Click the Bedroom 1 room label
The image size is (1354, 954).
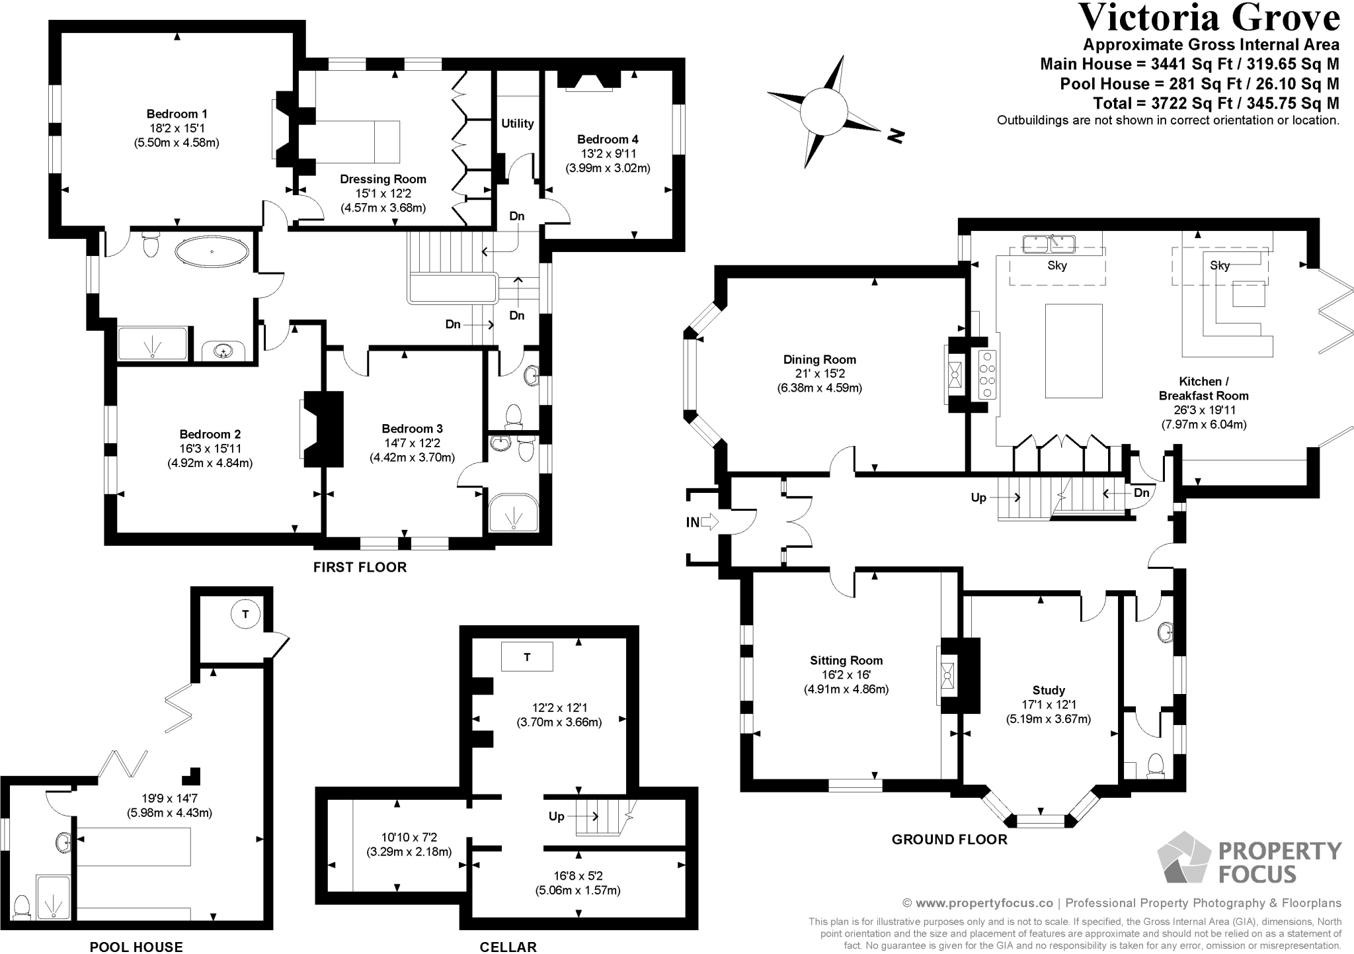(177, 114)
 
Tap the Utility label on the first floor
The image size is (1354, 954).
(517, 124)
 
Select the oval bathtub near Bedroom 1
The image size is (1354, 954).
(212, 252)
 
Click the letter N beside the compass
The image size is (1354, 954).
(895, 137)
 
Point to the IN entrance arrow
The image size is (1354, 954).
(709, 522)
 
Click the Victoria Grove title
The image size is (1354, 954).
(1209, 18)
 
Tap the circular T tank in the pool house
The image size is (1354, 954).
(245, 615)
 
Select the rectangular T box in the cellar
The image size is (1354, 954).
(527, 657)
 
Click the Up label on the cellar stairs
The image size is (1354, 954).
(556, 816)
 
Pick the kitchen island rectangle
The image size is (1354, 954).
(1074, 351)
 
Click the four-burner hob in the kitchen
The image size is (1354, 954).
(988, 374)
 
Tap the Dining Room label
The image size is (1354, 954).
(820, 360)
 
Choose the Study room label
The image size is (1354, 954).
(1049, 691)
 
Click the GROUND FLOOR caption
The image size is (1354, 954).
(949, 840)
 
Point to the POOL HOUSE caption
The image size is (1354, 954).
(136, 947)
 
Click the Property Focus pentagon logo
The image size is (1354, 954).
(1183, 857)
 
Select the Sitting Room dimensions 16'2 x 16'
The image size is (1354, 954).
(846, 675)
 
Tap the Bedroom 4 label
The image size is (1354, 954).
(608, 140)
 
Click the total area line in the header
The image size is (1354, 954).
(1216, 103)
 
